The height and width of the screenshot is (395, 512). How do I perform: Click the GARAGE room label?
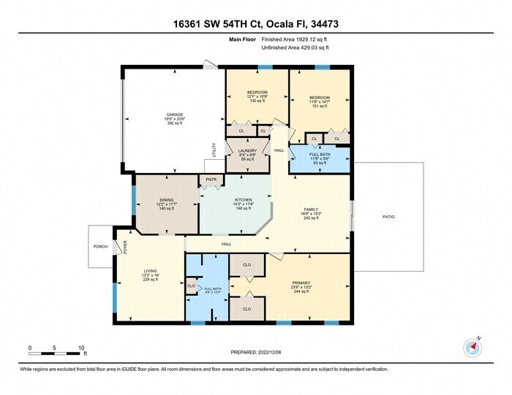point(174,115)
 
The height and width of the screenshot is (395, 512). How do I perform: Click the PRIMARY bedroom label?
point(301,282)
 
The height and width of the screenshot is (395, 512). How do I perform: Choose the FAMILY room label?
point(312,209)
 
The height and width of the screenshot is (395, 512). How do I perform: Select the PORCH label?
point(101,247)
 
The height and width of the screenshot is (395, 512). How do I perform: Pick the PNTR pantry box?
point(211,179)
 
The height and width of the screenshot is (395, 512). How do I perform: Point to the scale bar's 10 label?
point(81,348)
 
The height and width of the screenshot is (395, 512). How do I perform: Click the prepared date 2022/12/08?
point(255,352)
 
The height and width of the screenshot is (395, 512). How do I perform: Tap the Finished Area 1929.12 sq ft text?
point(295,39)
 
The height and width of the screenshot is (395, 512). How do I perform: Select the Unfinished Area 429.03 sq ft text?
point(295,48)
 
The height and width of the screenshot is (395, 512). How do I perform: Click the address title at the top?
point(255,24)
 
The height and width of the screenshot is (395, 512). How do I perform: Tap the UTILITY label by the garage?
point(214,150)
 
